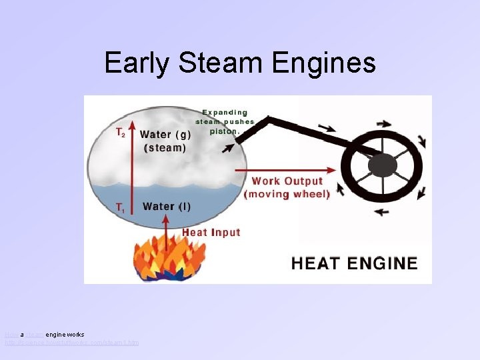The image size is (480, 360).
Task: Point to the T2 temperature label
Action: pos(120,133)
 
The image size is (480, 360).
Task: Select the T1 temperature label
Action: pos(120,208)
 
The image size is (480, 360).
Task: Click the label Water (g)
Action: pos(165,134)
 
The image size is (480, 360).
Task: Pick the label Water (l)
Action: pos(167,207)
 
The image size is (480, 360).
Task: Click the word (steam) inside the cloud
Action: pos(164,148)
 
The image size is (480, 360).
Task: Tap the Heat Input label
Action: pos(211,232)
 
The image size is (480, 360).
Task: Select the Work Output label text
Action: pos(287,181)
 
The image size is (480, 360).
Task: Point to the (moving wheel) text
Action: pos(287,195)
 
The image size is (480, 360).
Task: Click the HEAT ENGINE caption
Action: pos(354,263)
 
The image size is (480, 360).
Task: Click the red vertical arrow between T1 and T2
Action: pos(133,167)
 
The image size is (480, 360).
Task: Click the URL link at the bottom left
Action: pos(72,343)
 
